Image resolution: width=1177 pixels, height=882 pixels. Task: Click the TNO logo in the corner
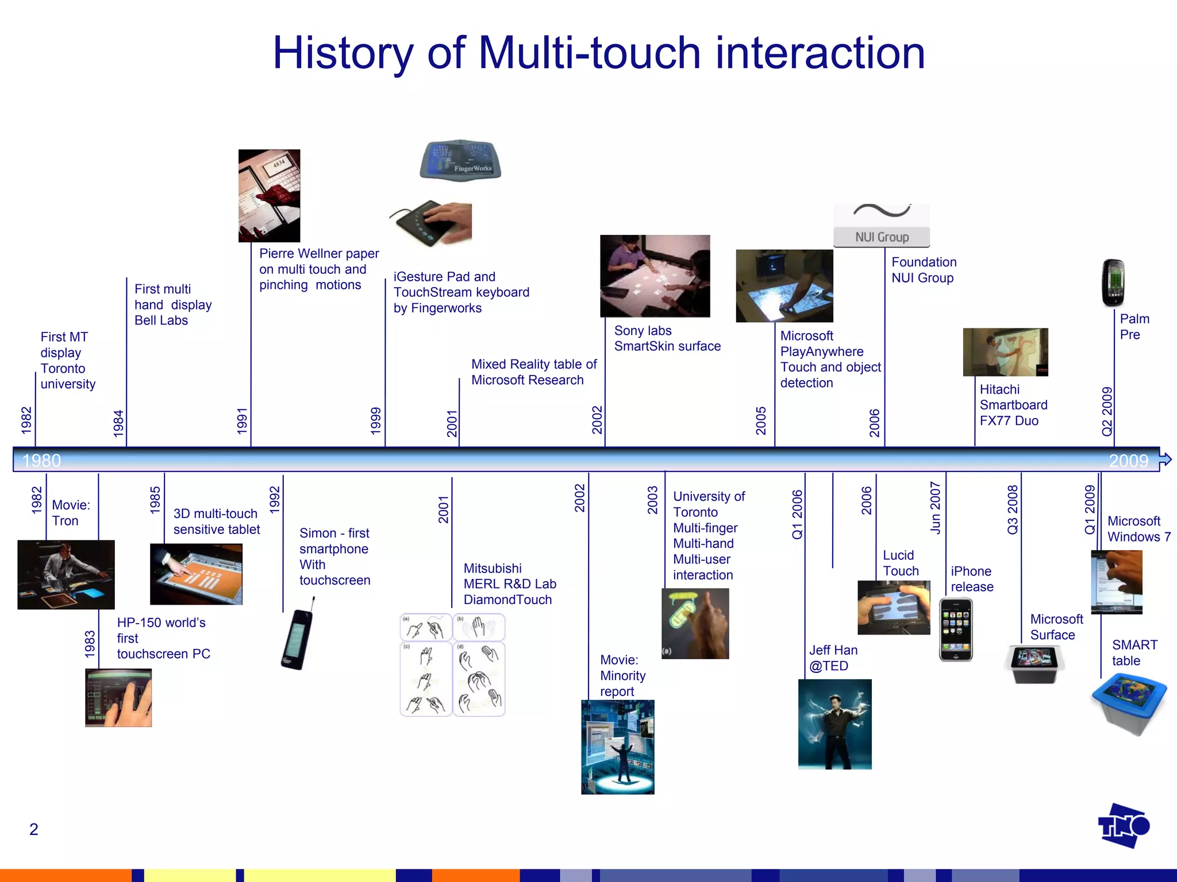1124,826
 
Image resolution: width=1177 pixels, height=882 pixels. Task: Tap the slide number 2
34,829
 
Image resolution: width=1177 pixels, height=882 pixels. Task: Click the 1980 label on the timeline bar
41,461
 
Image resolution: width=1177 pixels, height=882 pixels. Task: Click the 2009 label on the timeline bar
1128,461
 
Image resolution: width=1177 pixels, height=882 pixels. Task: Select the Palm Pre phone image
1113,283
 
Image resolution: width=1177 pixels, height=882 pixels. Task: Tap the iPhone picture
956,629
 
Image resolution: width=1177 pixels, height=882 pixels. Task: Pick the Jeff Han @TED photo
834,724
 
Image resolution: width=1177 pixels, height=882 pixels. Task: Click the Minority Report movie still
617,746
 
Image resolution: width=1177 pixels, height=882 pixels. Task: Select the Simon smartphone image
298,635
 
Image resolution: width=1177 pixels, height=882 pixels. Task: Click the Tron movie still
66,574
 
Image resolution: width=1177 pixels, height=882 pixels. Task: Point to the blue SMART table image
1128,704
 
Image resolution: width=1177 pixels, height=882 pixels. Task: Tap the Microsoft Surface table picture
1034,664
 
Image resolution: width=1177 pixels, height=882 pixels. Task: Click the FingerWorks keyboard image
460,159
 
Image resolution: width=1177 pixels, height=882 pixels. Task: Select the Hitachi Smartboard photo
1005,352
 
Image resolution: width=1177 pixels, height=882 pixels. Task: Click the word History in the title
343,53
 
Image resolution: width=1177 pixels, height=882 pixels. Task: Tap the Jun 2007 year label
936,508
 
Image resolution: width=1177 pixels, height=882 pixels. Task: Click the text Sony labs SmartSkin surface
667,338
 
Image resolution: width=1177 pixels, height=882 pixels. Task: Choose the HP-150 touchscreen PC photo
118,698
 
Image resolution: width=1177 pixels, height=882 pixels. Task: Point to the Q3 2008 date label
1013,509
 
